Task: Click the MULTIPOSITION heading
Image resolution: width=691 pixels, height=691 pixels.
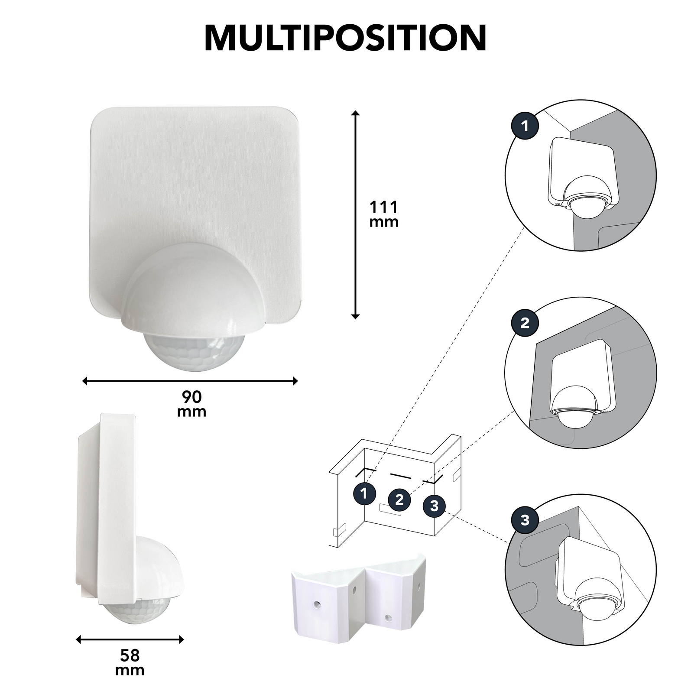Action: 345,38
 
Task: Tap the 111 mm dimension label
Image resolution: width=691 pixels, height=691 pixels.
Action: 383,214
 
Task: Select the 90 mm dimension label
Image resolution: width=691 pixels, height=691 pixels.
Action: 191,403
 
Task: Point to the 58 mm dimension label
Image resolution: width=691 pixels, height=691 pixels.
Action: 130,662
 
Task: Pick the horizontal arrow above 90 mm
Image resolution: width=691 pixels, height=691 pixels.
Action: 190,381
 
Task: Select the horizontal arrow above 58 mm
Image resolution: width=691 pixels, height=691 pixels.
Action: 130,639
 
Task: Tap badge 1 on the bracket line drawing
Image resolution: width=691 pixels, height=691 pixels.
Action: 365,493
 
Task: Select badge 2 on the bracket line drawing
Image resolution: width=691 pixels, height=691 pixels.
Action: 400,500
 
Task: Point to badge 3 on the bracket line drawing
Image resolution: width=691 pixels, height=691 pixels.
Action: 435,506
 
